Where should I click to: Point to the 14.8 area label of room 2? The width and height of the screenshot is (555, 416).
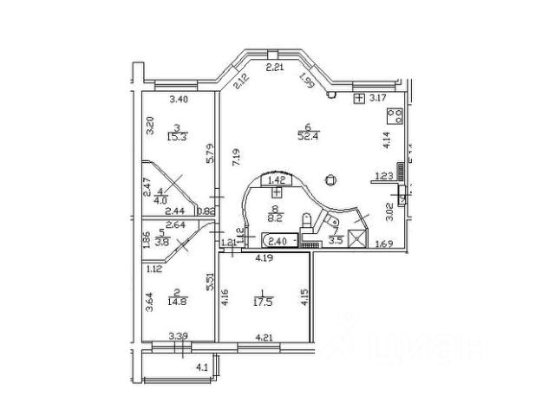click(x=181, y=302)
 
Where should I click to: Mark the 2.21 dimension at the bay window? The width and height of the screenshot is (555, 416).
click(x=275, y=67)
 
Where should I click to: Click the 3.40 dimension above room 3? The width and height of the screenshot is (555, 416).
click(x=180, y=100)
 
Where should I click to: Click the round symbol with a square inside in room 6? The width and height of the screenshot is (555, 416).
click(x=329, y=180)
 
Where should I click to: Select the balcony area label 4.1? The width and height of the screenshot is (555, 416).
click(x=203, y=367)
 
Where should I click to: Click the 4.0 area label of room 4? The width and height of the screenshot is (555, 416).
click(x=159, y=198)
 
